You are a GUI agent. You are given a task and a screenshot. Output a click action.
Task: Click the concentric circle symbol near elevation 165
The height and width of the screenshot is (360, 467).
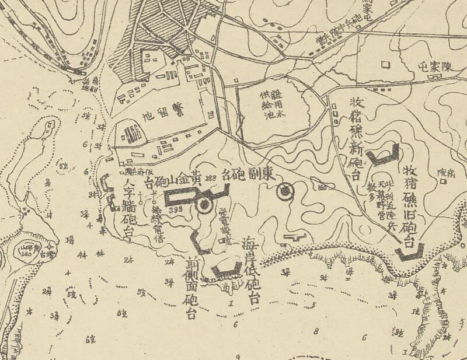[285, 190]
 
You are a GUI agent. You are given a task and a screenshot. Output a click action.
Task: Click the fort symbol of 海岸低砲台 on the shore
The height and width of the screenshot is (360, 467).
[226, 269]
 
